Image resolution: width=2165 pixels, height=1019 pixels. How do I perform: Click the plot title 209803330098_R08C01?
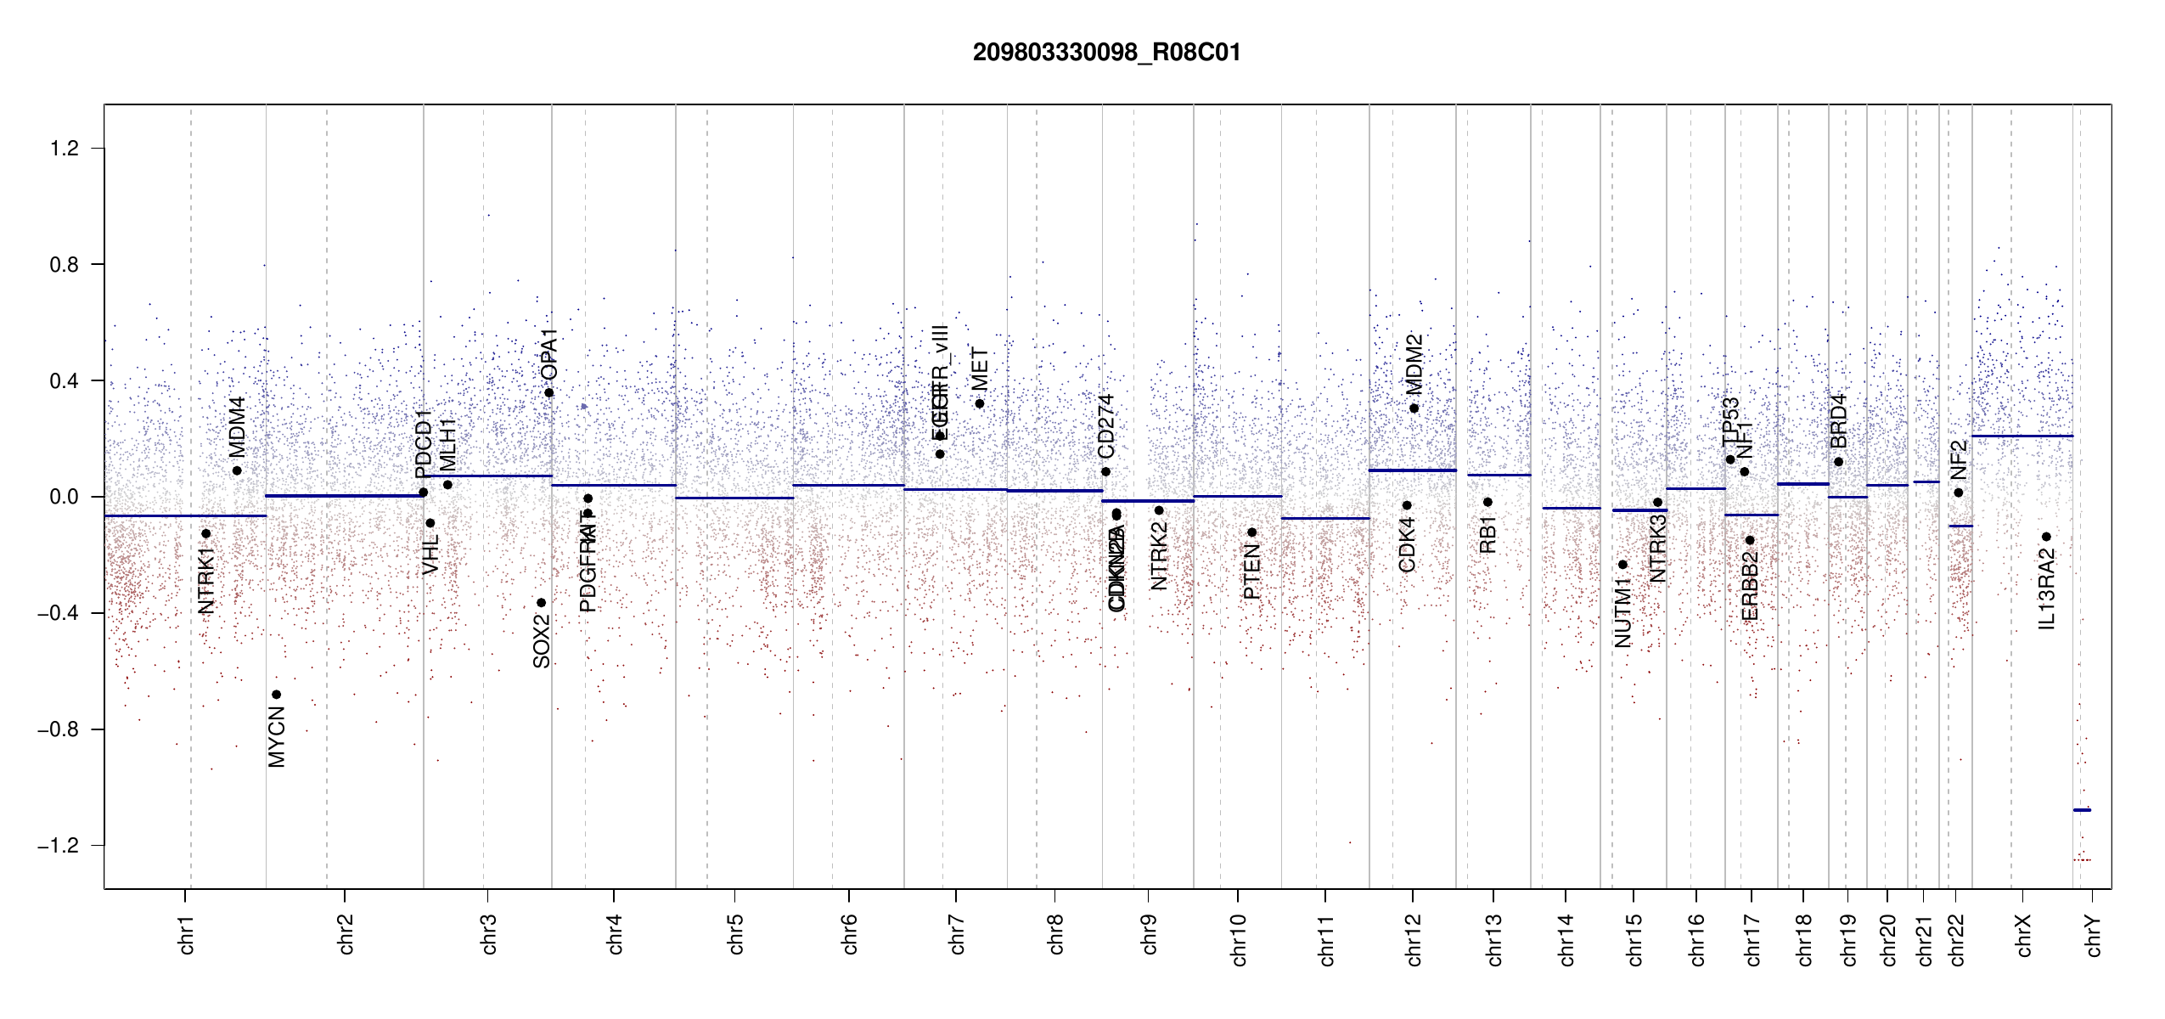(x=1106, y=53)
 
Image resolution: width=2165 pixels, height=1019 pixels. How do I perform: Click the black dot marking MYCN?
(x=276, y=695)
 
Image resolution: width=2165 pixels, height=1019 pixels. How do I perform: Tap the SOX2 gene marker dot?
(x=541, y=603)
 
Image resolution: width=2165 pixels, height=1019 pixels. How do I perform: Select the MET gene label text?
(x=979, y=369)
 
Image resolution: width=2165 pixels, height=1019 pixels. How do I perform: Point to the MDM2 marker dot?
(x=1414, y=408)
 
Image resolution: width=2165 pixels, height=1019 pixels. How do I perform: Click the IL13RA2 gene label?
(x=2047, y=589)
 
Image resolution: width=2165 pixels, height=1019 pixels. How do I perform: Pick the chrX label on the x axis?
(x=2024, y=936)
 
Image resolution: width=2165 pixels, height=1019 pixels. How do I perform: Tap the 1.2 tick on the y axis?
(x=64, y=149)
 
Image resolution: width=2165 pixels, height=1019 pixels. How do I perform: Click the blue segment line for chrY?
(x=2082, y=810)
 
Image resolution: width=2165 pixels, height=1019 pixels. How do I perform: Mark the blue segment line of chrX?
(x=2022, y=436)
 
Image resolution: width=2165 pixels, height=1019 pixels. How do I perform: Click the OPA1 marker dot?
(x=549, y=393)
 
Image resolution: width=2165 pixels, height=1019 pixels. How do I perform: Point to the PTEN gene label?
(x=1251, y=572)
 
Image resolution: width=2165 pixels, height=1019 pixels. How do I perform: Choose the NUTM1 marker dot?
(x=1622, y=565)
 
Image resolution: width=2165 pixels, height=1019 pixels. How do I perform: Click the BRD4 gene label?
(x=1838, y=421)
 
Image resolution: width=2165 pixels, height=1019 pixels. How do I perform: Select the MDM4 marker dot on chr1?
(x=237, y=470)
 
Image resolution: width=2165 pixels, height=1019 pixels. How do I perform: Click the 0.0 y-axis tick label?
(x=64, y=497)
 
